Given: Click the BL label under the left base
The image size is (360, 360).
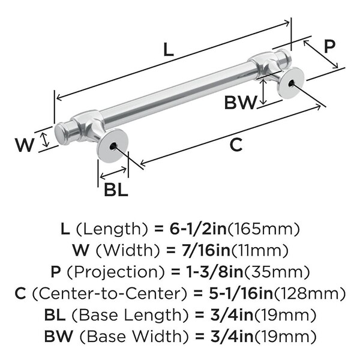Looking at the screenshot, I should point(116,190).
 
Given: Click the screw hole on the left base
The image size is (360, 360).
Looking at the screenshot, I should point(112,145).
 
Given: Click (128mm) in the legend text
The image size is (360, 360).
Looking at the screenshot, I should point(318,293).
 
